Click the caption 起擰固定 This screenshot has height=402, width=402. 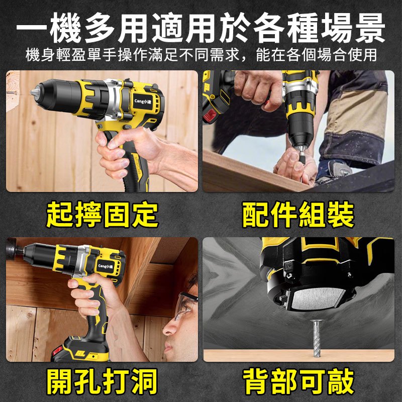tap(102, 215)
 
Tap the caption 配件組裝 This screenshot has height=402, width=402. tap(298, 215)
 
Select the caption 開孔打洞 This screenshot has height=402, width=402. tap(102, 381)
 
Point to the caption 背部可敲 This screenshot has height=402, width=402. tap(298, 381)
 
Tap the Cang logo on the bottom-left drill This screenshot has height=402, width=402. tap(106, 266)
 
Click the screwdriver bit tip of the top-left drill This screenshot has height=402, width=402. tap(32, 93)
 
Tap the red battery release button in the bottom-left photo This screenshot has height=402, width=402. tap(57, 350)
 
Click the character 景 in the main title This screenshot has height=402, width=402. tap(370, 28)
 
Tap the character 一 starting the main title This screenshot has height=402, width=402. tap(32, 28)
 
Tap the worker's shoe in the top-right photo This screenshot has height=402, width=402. tap(333, 170)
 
